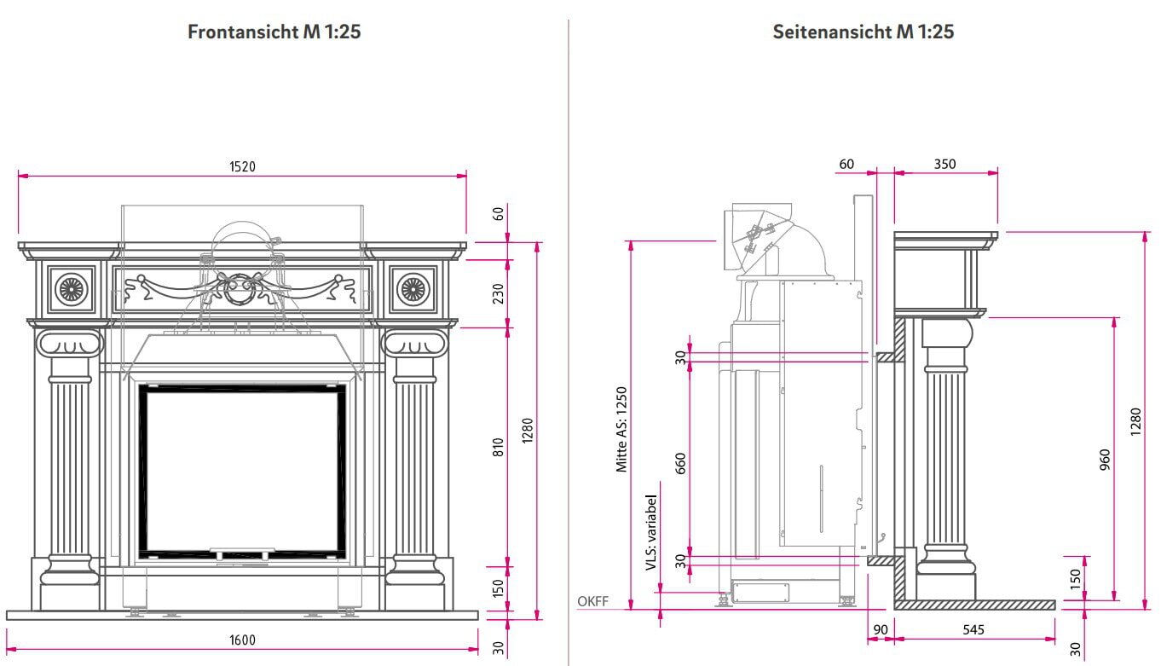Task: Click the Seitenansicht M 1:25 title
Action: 863,32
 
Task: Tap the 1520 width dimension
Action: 242,166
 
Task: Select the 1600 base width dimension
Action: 242,640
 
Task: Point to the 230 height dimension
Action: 499,292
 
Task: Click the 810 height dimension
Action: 499,446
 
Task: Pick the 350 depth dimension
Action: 944,164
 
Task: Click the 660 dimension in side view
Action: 680,462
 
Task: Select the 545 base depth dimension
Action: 973,630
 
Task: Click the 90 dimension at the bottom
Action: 881,630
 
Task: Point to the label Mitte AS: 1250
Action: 621,429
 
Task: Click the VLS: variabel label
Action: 651,532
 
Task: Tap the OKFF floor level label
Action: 592,601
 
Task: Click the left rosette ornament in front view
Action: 71,289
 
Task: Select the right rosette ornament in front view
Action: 413,289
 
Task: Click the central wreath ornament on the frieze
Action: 241,287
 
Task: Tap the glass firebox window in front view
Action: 243,472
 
